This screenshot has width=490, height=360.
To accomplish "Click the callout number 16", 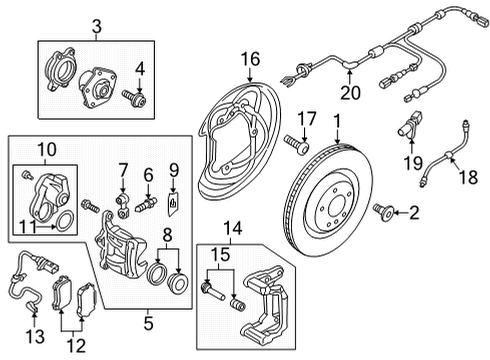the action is coord(250,59).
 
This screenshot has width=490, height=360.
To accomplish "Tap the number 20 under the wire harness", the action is coord(350,92).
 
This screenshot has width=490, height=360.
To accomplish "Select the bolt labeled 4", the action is coord(134,97).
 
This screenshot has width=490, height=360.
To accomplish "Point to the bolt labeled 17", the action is coord(296,143).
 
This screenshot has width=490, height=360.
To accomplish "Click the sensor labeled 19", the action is coord(410,125).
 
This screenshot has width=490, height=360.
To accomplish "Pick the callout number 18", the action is coord(468,177).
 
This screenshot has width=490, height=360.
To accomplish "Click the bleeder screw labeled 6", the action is coord(146,204).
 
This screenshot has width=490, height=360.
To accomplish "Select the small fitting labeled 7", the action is coord(122,207).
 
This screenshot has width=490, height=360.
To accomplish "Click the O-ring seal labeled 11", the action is coord(64,221).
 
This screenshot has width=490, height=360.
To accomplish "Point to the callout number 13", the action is coord(35,336).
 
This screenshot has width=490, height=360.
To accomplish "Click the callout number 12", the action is coord(76,346).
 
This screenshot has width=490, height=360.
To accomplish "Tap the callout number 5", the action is coord(148,323).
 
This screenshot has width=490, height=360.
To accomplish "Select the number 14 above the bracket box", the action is coord(233,229).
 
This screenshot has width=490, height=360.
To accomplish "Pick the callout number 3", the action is coord(97,26).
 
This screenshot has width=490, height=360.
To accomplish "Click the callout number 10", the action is coord(47,150).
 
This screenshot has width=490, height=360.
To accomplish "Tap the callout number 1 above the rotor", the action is coord(337,121).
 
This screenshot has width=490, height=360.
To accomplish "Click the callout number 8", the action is coord(167,235).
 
